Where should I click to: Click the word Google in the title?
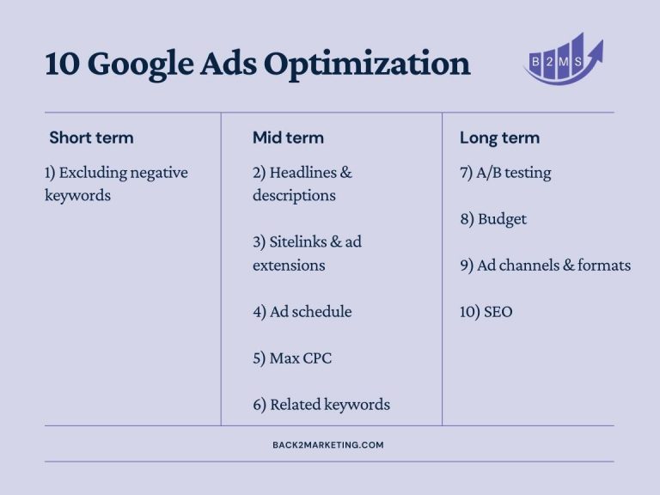coord(141,64)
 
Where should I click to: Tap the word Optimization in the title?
coord(367,64)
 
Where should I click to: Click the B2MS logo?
coord(564,58)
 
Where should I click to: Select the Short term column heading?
coord(91,137)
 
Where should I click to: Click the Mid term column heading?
coord(289,137)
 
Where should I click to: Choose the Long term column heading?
coord(499,138)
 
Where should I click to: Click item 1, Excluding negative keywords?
coord(116,184)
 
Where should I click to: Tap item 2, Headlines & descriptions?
coord(302,184)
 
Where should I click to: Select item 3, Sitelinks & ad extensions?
coord(307,254)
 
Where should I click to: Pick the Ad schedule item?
coord(302,312)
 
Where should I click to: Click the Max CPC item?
coord(292,358)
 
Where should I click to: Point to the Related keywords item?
coord(321,405)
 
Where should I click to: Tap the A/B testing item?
coord(505,173)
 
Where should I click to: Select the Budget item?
coord(493,219)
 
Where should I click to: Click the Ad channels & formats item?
coord(546,266)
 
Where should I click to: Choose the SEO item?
coord(486,312)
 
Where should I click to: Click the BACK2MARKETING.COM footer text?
coord(328,445)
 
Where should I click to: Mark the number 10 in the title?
coord(62,64)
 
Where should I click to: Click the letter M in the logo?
coord(564,62)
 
